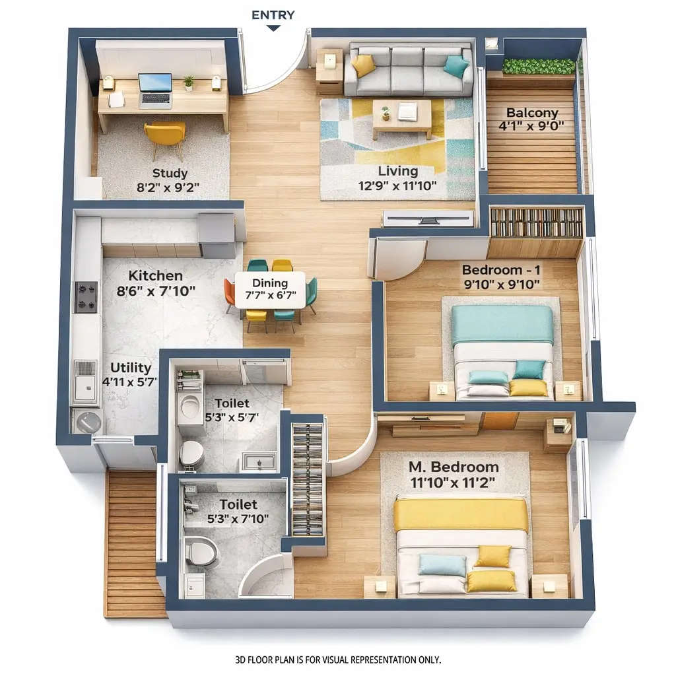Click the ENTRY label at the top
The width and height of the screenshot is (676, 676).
click(x=273, y=15)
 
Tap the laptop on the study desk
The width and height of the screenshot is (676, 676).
click(x=155, y=90)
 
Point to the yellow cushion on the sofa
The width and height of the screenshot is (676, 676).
click(x=363, y=65)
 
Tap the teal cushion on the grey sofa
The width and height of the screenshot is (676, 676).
click(x=456, y=66)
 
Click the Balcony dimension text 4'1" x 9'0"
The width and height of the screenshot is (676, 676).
click(x=532, y=126)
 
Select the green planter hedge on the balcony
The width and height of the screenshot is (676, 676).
click(x=538, y=66)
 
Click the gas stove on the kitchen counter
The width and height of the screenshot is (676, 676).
click(x=86, y=296)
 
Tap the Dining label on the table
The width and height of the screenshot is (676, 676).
click(x=271, y=283)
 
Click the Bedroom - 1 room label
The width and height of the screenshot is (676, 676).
click(x=501, y=270)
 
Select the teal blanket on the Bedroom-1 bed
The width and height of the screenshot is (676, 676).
click(x=502, y=324)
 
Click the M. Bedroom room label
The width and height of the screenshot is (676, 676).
click(x=454, y=467)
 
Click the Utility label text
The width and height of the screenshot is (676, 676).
click(x=131, y=368)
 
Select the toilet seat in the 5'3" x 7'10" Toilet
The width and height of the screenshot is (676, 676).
click(x=201, y=551)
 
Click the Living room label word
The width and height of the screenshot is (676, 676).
click(x=398, y=172)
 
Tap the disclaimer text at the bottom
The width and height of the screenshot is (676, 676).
click(x=337, y=659)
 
